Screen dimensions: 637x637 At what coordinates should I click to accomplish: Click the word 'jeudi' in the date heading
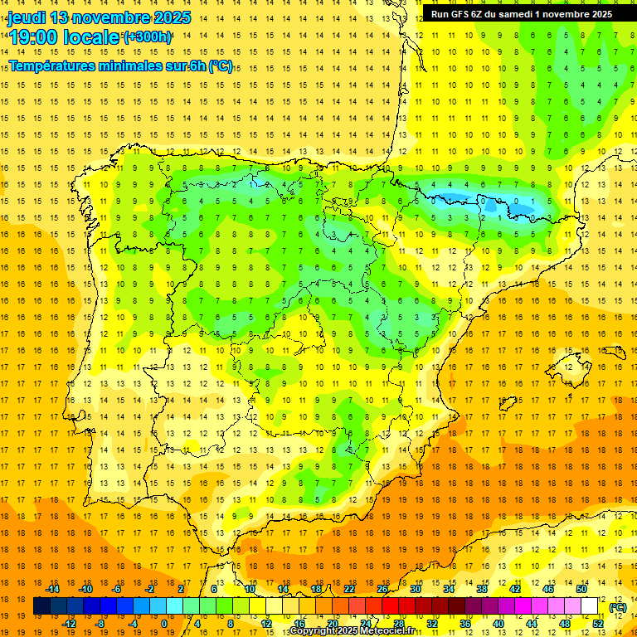[27, 17]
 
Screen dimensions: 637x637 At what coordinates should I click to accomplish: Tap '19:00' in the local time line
[33, 37]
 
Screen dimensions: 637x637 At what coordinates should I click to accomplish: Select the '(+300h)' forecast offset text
[148, 37]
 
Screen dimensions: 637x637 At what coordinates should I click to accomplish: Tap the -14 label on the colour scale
[54, 589]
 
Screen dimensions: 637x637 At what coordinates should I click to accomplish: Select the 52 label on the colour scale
[598, 623]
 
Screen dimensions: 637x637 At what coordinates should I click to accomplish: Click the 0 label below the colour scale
[163, 623]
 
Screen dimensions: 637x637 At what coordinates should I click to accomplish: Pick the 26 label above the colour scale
[382, 589]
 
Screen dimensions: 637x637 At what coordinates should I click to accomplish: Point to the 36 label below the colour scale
[465, 623]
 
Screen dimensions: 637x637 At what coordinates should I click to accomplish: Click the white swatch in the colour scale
[589, 606]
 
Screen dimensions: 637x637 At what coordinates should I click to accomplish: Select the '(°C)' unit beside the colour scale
[618, 607]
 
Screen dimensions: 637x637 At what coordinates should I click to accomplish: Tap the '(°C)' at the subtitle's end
[221, 66]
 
